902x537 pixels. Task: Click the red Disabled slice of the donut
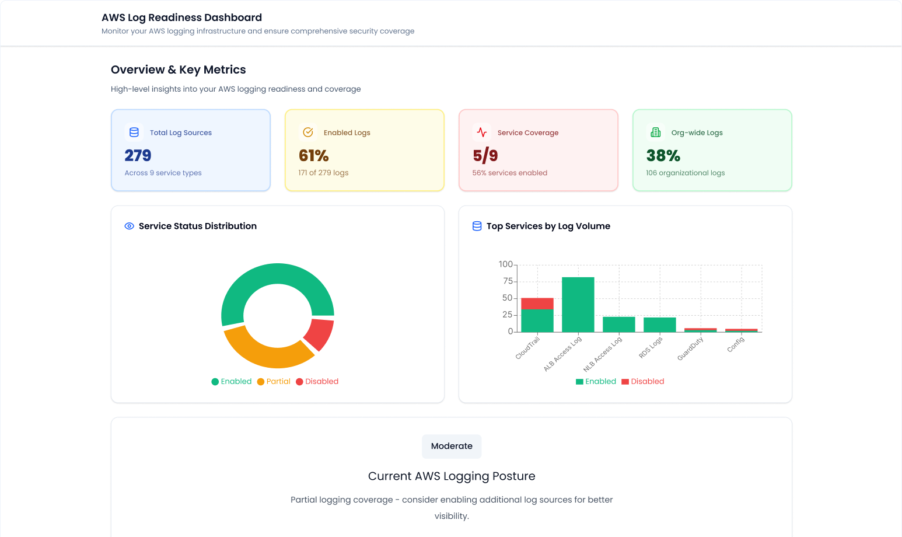pyautogui.click(x=319, y=333)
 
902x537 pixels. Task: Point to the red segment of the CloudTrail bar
pyautogui.click(x=537, y=304)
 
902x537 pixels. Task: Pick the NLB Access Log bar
pyautogui.click(x=618, y=325)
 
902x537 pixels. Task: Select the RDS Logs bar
pyautogui.click(x=659, y=325)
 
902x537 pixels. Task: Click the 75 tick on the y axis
pyautogui.click(x=508, y=281)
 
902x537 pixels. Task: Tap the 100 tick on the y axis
pyautogui.click(x=505, y=264)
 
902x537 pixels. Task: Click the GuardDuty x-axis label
pyautogui.click(x=691, y=349)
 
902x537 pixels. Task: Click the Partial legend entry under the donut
pyautogui.click(x=274, y=381)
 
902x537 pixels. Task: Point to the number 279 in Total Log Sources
pyautogui.click(x=138, y=155)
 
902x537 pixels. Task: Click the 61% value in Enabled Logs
pyautogui.click(x=313, y=155)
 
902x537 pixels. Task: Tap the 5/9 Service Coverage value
pyautogui.click(x=485, y=155)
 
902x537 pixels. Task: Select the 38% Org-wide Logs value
pyautogui.click(x=663, y=155)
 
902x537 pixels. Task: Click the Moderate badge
pyautogui.click(x=452, y=446)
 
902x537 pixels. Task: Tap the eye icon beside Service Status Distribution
pyautogui.click(x=130, y=226)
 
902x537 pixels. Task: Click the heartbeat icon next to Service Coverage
pyautogui.click(x=482, y=132)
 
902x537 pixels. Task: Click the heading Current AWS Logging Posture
pyautogui.click(x=452, y=476)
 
